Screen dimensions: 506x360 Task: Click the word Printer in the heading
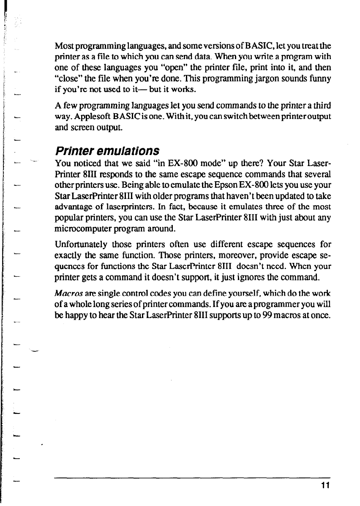pos(73,151)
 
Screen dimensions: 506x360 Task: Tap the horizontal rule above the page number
pos(192,478)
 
